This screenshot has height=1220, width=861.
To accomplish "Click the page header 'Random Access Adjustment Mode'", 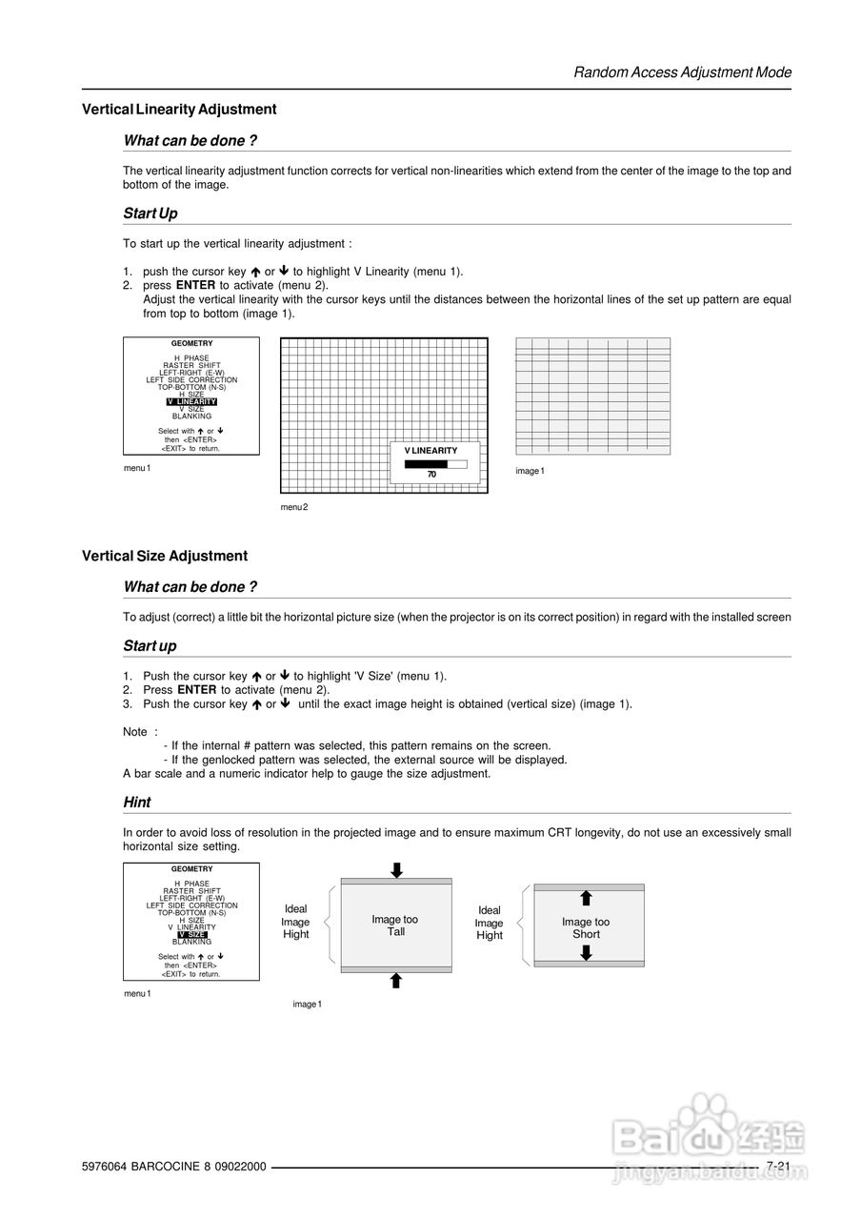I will (682, 72).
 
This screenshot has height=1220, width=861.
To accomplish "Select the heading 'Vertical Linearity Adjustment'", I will (179, 110).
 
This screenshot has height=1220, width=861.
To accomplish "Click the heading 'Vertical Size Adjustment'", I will (165, 556).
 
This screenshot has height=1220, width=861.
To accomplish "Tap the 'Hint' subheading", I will (137, 803).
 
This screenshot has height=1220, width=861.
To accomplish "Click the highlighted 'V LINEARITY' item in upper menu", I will (191, 402).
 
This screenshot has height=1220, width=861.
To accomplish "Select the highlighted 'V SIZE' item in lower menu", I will (191, 935).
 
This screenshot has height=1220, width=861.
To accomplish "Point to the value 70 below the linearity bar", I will (431, 474).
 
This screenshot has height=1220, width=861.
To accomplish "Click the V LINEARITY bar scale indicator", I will (435, 463).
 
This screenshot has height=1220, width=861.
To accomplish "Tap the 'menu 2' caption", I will (294, 507).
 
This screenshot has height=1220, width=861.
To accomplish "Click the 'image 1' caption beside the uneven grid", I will (530, 471).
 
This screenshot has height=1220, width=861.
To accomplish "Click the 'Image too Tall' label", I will (395, 925).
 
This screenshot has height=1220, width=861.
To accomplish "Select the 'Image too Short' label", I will (586, 928).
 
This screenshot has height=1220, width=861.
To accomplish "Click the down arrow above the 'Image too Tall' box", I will (396, 869).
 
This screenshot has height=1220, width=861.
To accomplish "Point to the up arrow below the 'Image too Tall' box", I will (396, 981).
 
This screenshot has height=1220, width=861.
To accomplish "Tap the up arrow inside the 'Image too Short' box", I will (587, 898).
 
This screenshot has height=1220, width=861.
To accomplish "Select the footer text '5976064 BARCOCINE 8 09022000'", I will (174, 1168).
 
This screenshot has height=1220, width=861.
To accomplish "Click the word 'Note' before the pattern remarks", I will (135, 732).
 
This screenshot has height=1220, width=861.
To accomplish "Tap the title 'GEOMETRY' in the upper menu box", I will (191, 343).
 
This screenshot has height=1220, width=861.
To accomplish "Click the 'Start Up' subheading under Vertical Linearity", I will (150, 213).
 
